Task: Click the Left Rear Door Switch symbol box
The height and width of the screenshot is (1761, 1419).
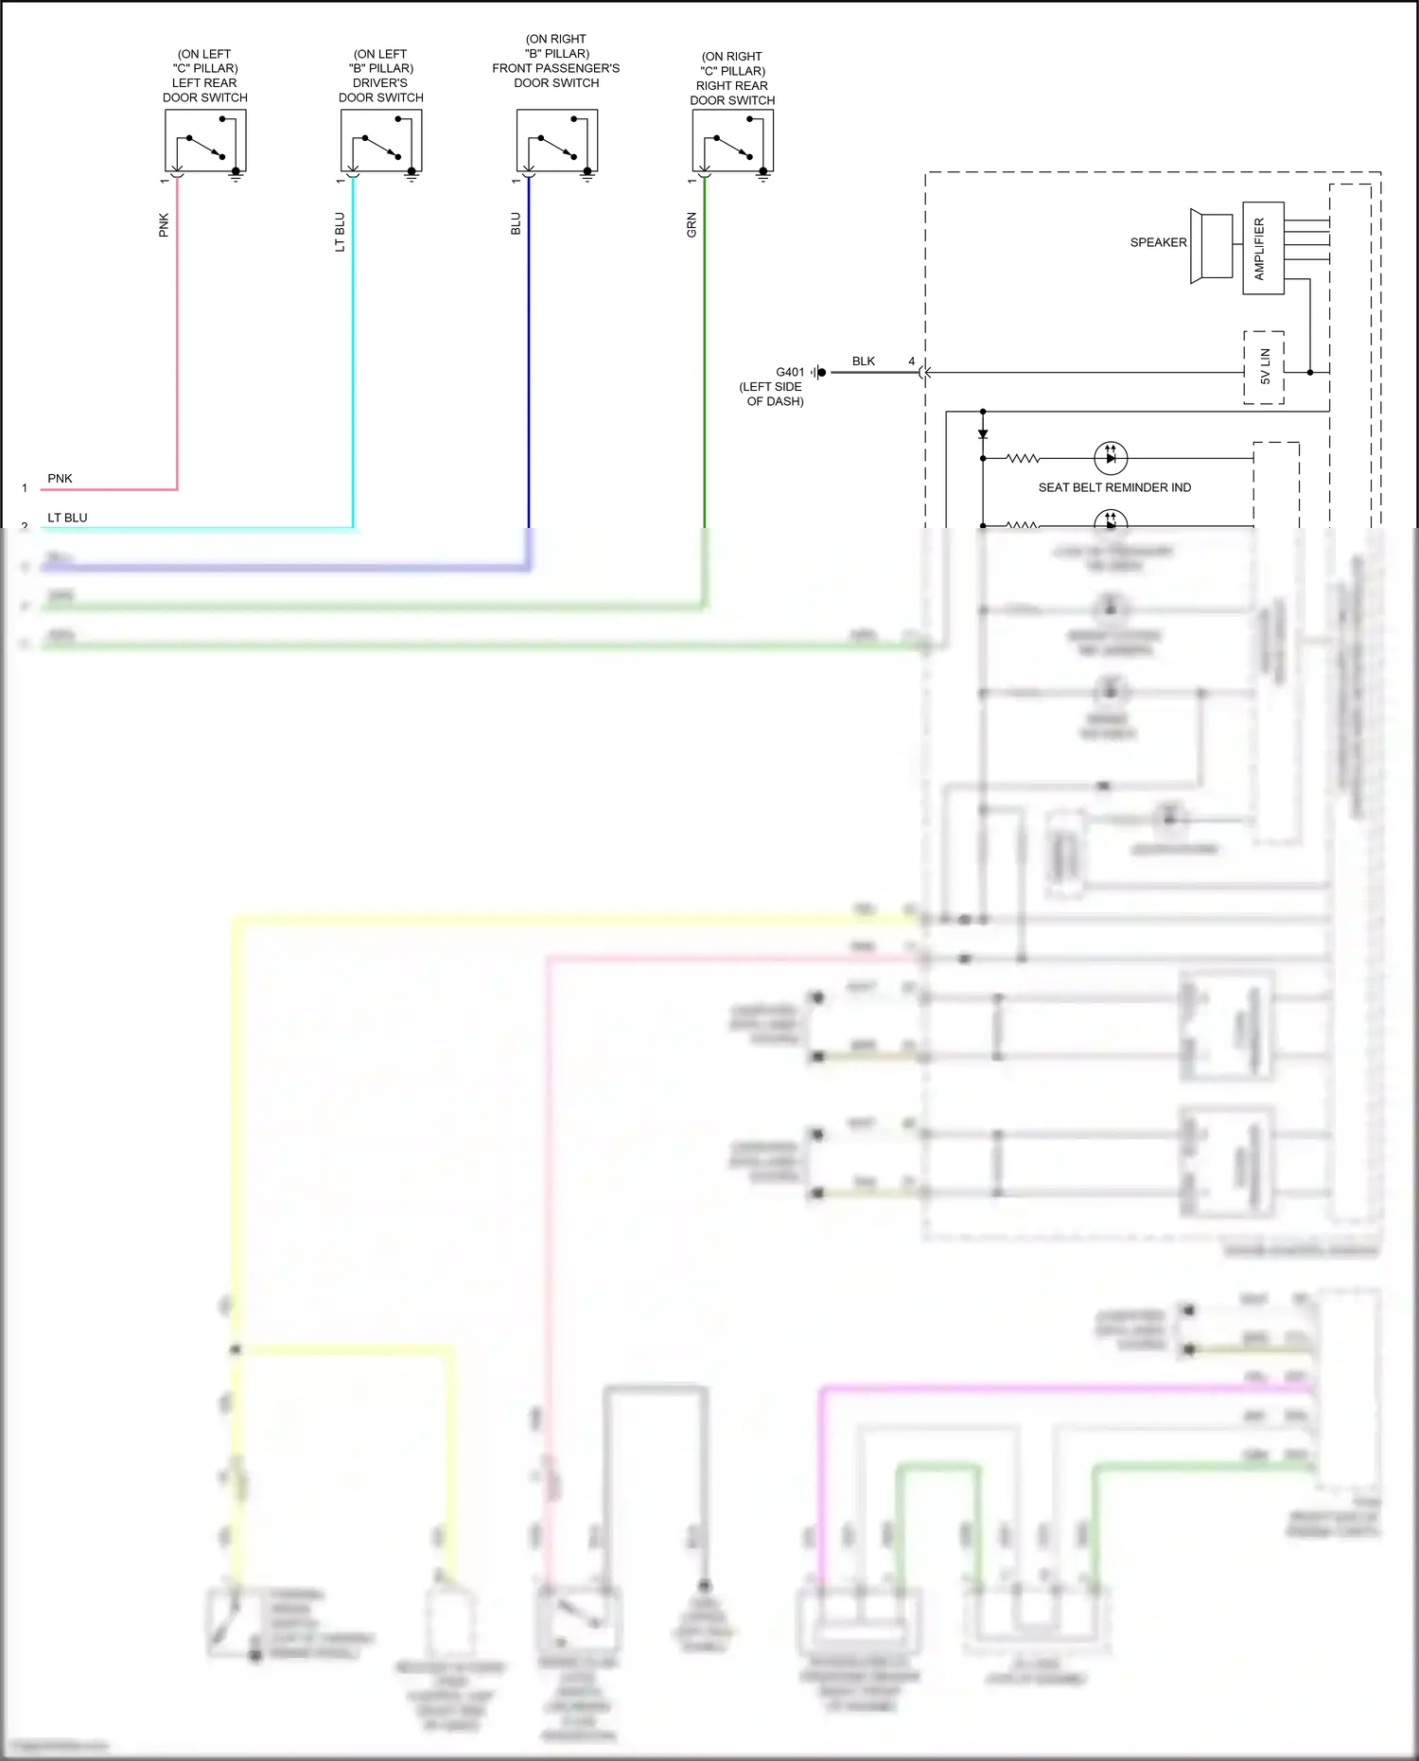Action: pyautogui.click(x=205, y=140)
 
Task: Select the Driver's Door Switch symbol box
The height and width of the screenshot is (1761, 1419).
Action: pyautogui.click(x=381, y=140)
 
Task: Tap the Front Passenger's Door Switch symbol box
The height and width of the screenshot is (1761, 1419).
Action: pyautogui.click(x=557, y=140)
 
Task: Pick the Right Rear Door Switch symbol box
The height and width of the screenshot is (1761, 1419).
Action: pyautogui.click(x=732, y=140)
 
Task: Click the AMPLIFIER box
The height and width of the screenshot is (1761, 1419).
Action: pyautogui.click(x=1263, y=248)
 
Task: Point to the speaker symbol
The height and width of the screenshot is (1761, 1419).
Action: pyautogui.click(x=1212, y=246)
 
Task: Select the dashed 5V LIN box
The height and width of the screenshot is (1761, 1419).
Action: pyautogui.click(x=1264, y=367)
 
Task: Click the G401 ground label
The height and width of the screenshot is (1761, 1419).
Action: pyautogui.click(x=790, y=372)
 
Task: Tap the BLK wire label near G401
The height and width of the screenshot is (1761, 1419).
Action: pyautogui.click(x=864, y=361)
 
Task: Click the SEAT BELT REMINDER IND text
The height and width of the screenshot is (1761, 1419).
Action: pyautogui.click(x=1114, y=487)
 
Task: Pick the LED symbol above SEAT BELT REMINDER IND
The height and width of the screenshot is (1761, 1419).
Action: pyautogui.click(x=1111, y=458)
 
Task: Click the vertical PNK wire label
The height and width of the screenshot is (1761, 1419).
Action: pyautogui.click(x=164, y=224)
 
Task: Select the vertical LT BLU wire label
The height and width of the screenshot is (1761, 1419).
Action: pyautogui.click(x=340, y=232)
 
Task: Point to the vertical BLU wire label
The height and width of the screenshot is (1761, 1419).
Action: pyautogui.click(x=516, y=223)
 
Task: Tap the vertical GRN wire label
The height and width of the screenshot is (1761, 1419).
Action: pyautogui.click(x=692, y=224)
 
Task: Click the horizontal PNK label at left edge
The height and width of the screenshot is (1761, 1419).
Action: pyautogui.click(x=60, y=478)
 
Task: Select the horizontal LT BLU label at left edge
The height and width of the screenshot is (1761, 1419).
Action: pyautogui.click(x=67, y=518)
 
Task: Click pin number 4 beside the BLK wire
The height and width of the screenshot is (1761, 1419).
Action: pyautogui.click(x=912, y=361)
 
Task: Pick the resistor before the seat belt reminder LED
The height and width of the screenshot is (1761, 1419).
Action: pyautogui.click(x=1023, y=458)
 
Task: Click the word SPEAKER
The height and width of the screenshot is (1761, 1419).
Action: pyautogui.click(x=1158, y=242)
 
